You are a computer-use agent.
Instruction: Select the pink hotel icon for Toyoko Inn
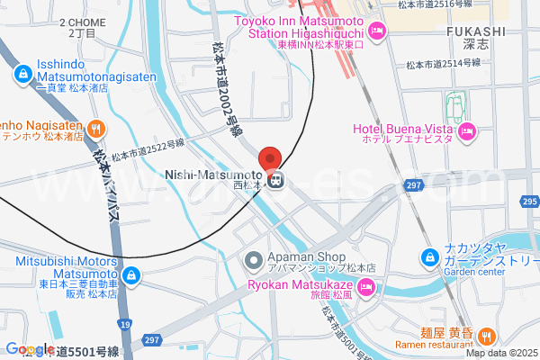click(x=378, y=32)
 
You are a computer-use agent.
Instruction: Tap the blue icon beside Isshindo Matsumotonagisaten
click(x=22, y=75)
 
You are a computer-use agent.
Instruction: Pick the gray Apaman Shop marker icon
click(x=255, y=260)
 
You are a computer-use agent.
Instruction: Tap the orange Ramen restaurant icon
click(x=486, y=337)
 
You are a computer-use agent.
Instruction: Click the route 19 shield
click(x=125, y=323)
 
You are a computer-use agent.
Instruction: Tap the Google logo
click(x=29, y=349)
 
